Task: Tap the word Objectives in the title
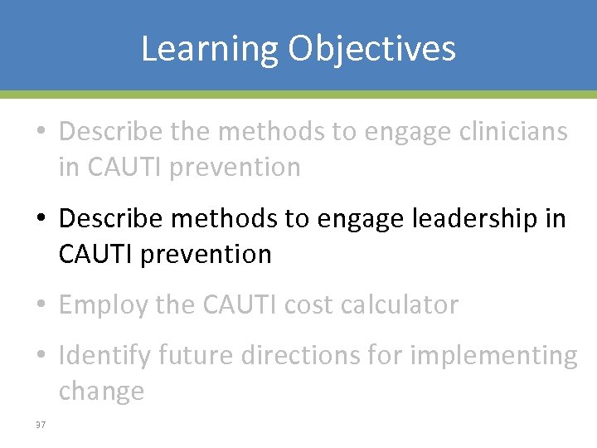(372, 48)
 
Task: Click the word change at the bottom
(101, 392)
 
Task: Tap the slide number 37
(40, 426)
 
